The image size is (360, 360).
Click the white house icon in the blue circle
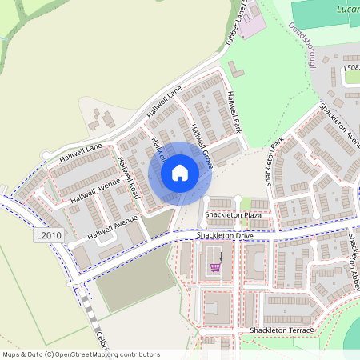pyautogui.click(x=180, y=172)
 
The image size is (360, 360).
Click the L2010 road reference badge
pyautogui.click(x=48, y=236)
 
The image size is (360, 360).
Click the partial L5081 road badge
pyautogui.click(x=352, y=70)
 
